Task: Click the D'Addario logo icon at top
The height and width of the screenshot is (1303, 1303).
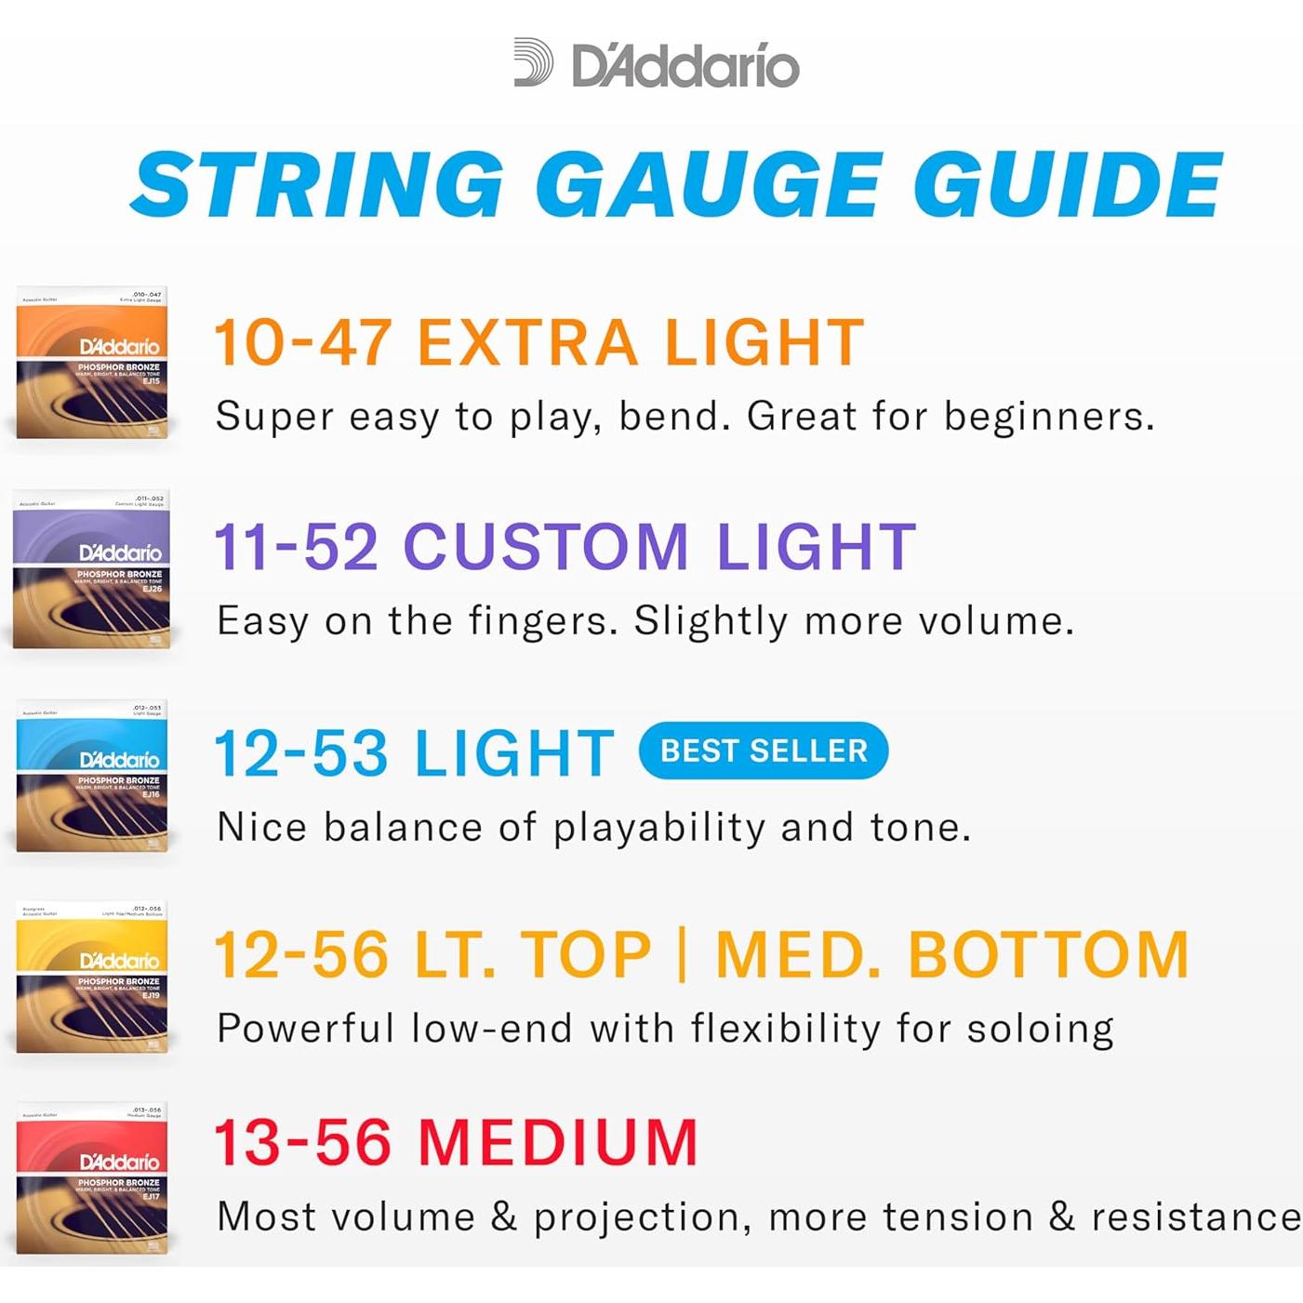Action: coord(533,63)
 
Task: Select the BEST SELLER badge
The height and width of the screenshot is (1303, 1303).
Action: coord(764,751)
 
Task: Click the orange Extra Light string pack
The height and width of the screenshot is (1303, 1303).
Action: coord(92,363)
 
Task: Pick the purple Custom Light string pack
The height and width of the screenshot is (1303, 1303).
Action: coord(91,568)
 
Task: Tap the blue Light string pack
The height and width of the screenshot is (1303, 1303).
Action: coord(92,776)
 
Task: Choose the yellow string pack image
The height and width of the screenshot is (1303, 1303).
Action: coord(91,977)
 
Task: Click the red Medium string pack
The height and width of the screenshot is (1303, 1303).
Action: coord(92,1178)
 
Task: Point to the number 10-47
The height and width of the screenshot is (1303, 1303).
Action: coord(303,342)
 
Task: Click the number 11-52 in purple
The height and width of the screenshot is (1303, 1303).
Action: coord(296,547)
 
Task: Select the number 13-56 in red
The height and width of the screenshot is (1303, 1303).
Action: coord(303,1142)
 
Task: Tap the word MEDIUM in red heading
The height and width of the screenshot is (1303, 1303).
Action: coord(558,1142)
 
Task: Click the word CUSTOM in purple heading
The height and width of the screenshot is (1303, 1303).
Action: coord(546,547)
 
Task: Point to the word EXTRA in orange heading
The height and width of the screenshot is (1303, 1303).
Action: coord(527,342)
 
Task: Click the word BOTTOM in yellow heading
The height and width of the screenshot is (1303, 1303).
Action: coord(1048,955)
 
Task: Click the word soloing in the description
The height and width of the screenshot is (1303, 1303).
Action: coord(1041,1030)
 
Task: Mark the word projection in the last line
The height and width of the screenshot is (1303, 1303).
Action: coord(642,1217)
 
